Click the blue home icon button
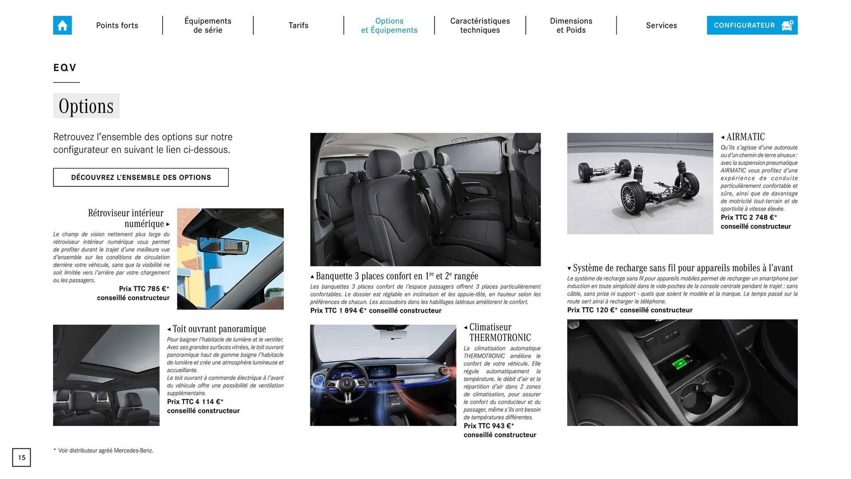click(x=62, y=25)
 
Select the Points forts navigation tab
click(x=117, y=25)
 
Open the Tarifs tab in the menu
click(x=298, y=25)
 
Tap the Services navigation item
click(x=661, y=25)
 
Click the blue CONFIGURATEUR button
click(x=752, y=25)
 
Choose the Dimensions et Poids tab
click(x=571, y=25)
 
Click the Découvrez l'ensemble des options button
click(x=141, y=177)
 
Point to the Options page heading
click(x=86, y=106)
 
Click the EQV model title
click(x=65, y=68)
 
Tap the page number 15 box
click(x=21, y=457)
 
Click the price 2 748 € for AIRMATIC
click(x=749, y=217)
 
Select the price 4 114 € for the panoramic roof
click(x=195, y=402)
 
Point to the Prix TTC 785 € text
click(x=144, y=289)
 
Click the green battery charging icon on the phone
click(x=679, y=365)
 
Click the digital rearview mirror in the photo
click(x=223, y=245)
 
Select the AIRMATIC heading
click(x=746, y=137)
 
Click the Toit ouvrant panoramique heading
click(x=219, y=329)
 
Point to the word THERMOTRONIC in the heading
click(x=500, y=338)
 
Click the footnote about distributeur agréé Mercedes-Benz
click(x=105, y=451)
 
